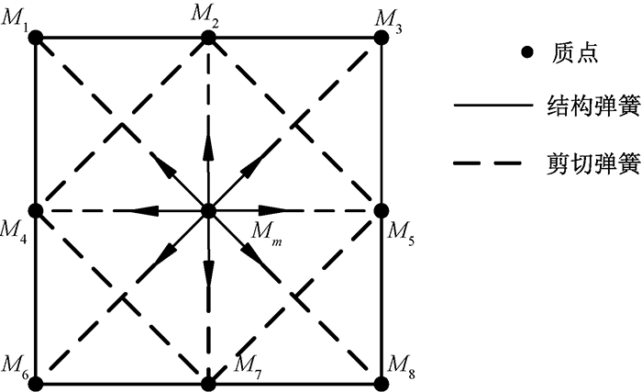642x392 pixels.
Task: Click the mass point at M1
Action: (x=36, y=38)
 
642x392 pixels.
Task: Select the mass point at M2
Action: (x=209, y=38)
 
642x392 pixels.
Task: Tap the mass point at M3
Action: (x=382, y=38)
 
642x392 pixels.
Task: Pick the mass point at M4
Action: (x=36, y=210)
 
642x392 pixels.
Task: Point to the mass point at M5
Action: (x=382, y=210)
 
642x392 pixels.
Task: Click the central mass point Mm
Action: (x=209, y=210)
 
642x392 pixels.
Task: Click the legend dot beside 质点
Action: (x=526, y=53)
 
